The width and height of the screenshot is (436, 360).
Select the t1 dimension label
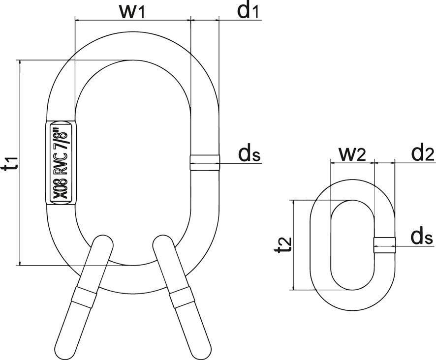coord(10,162)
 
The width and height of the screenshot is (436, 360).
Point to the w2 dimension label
coord(352,154)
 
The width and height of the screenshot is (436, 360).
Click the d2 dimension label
coord(422,154)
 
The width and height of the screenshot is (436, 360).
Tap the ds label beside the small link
coord(422,238)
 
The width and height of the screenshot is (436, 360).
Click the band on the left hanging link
coord(83,298)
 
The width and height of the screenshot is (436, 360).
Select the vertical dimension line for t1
coord(20,162)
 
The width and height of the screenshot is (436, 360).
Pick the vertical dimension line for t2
coord(293,244)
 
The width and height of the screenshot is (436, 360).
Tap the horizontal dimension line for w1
coord(132,21)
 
